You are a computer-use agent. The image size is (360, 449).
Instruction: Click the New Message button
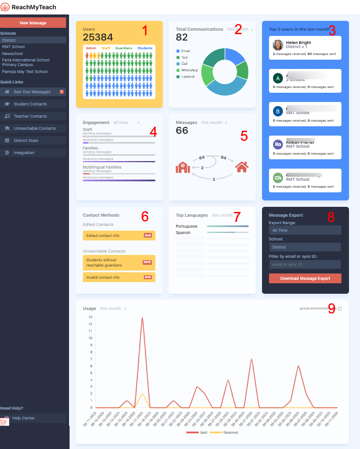pyautogui.click(x=33, y=23)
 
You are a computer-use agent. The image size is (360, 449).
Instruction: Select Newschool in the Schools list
pyautogui.click(x=12, y=53)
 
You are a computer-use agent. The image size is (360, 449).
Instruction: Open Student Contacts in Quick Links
pyautogui.click(x=30, y=104)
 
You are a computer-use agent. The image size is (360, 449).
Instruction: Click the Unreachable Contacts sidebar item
pyautogui.click(x=35, y=128)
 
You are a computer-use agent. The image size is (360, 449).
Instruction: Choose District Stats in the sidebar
pyautogui.click(x=26, y=140)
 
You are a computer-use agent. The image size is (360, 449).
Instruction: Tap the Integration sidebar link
pyautogui.click(x=24, y=152)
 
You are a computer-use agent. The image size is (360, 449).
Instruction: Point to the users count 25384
pyautogui.click(x=98, y=38)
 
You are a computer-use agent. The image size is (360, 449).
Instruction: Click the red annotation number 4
pyautogui.click(x=153, y=132)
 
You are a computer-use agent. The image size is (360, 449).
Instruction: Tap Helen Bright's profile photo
pyautogui.click(x=278, y=45)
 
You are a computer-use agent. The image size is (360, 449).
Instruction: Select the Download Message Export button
pyautogui.click(x=305, y=278)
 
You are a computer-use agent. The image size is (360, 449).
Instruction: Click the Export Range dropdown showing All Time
pyautogui.click(x=305, y=230)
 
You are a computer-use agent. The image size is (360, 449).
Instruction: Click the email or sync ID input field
pyautogui.click(x=305, y=264)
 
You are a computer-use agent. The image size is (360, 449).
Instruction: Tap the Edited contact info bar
pyautogui.click(x=118, y=235)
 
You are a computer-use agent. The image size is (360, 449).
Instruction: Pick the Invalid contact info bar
pyautogui.click(x=118, y=278)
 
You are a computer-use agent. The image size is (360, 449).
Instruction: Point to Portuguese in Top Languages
pyautogui.click(x=187, y=227)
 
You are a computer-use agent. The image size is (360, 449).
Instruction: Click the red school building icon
pyautogui.click(x=183, y=167)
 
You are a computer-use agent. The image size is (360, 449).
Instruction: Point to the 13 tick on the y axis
pyautogui.click(x=90, y=317)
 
